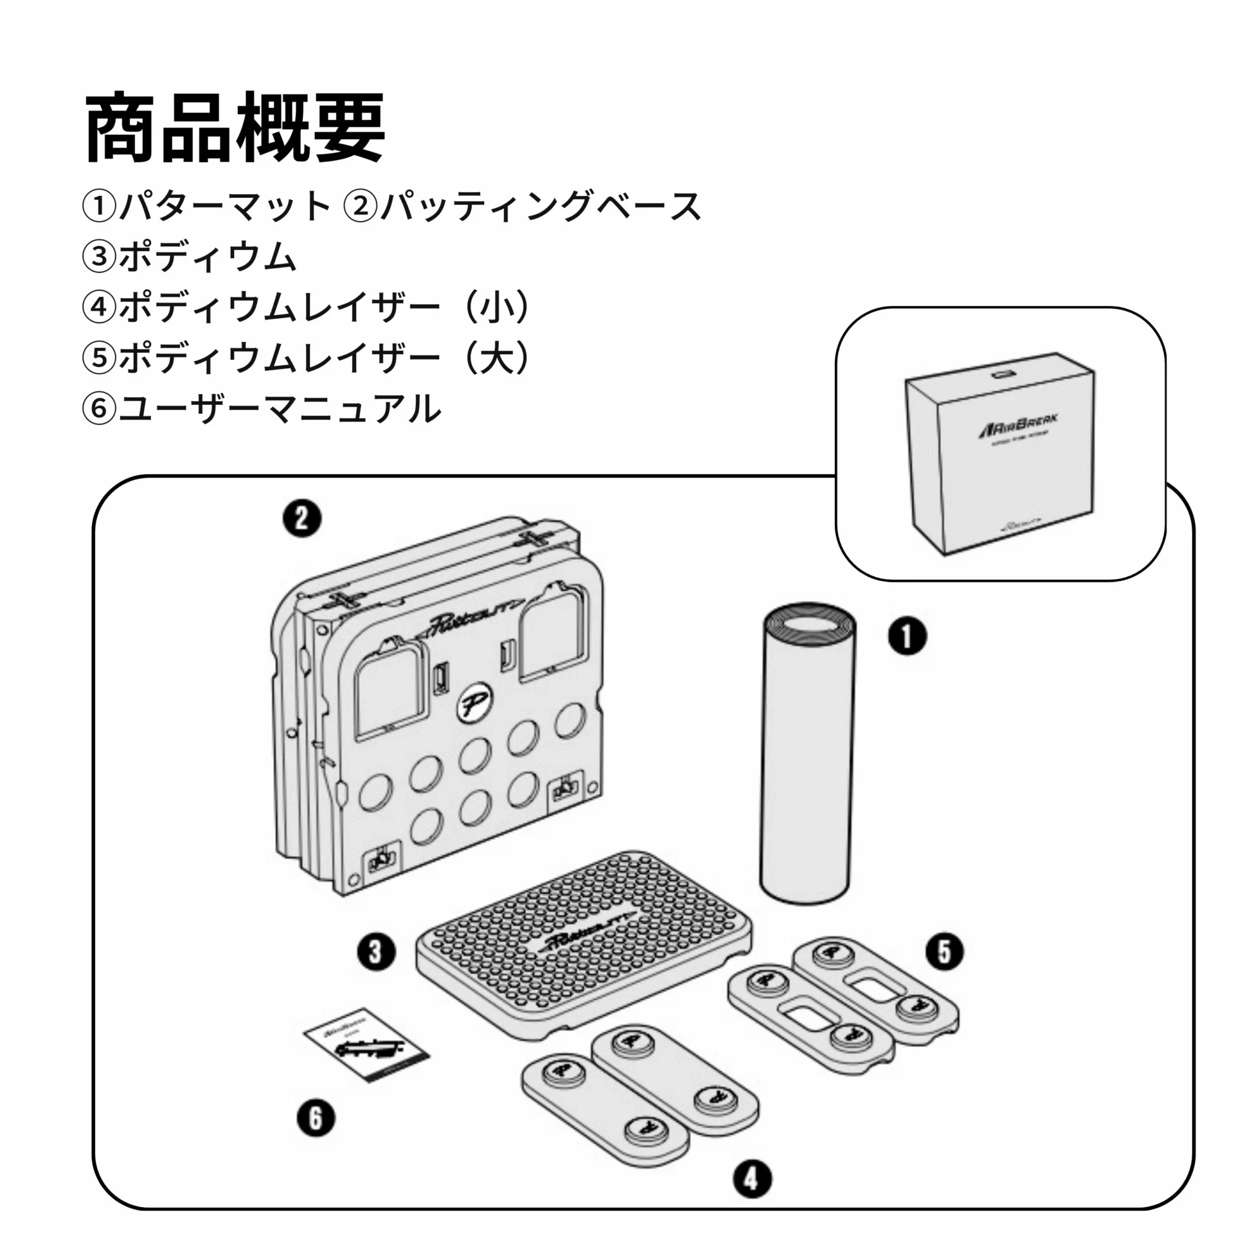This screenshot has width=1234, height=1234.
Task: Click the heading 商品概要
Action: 235,127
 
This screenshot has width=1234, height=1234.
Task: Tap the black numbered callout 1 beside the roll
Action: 907,637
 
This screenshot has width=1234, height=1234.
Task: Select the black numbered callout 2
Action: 302,519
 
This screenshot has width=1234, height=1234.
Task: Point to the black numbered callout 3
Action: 376,951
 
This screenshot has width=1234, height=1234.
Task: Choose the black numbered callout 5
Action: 944,951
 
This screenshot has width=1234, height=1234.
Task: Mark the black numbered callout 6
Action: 316,1118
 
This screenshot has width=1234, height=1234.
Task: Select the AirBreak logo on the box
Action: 1019,427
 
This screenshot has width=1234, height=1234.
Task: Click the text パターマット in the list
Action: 224,206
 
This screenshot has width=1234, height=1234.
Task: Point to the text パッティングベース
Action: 540,206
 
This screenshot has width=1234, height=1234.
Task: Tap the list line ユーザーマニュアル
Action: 280,409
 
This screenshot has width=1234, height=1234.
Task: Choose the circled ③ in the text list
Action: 98,257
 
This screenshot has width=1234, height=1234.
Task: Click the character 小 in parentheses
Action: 498,308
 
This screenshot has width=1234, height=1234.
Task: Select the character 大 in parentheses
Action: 498,358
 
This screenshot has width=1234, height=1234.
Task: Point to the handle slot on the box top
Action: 1001,373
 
